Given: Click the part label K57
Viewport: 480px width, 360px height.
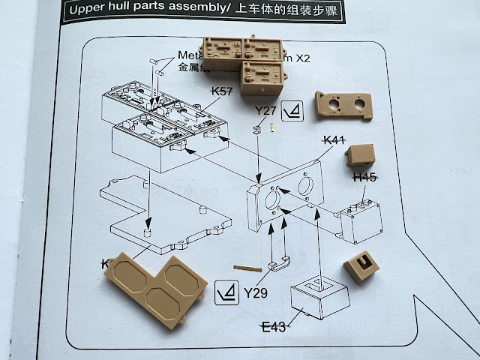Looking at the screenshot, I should pyautogui.click(x=223, y=91).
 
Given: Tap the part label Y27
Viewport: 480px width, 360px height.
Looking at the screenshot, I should pyautogui.click(x=265, y=112).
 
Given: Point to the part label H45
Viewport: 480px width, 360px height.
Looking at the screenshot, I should pyautogui.click(x=365, y=178).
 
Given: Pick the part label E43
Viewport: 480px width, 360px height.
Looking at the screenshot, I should pyautogui.click(x=274, y=327).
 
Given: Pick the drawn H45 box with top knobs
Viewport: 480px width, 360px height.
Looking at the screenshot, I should pyautogui.click(x=361, y=218).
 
